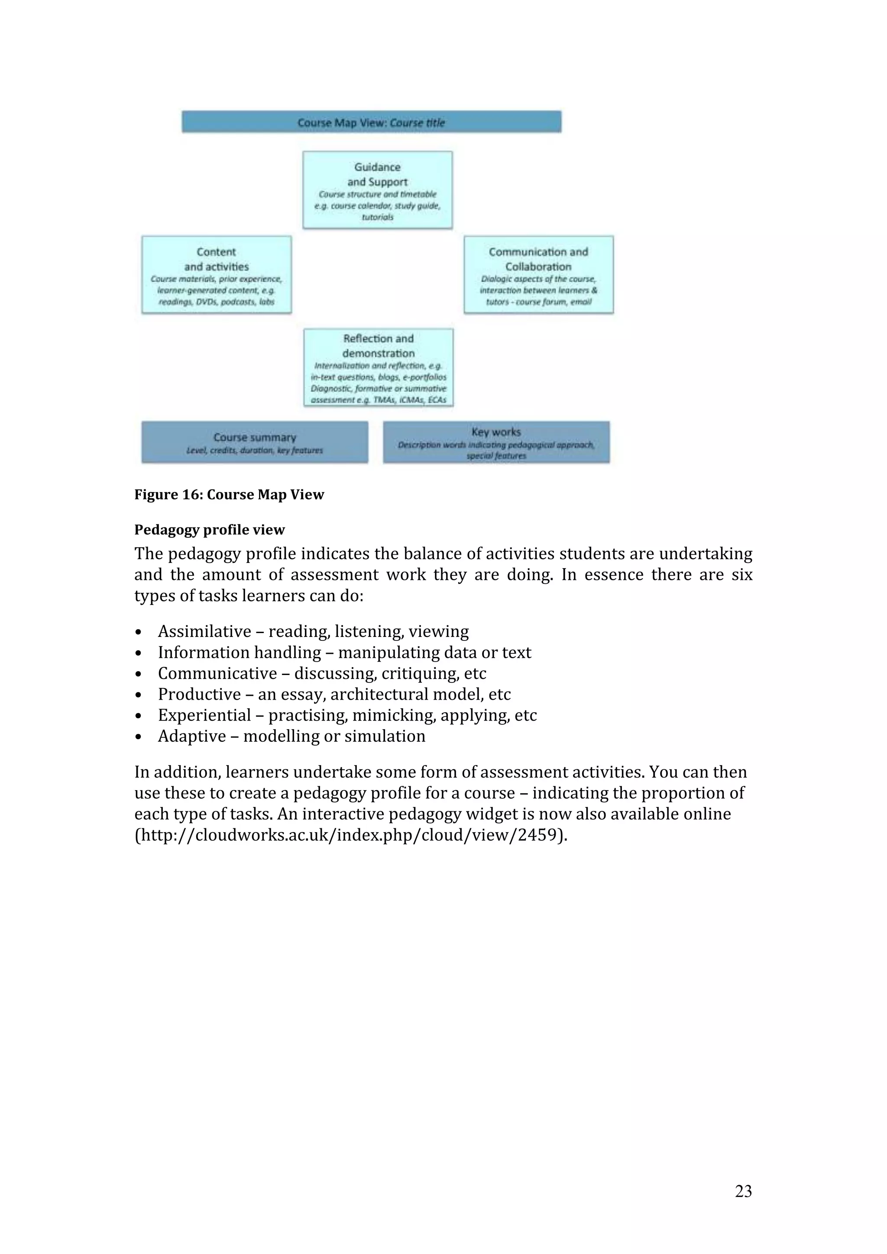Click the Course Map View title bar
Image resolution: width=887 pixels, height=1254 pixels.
click(371, 122)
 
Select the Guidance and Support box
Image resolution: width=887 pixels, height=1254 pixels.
click(377, 190)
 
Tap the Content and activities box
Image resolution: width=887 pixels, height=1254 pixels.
click(217, 275)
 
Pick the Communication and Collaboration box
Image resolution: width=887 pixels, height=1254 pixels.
click(538, 275)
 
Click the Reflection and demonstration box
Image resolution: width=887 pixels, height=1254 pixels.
click(378, 367)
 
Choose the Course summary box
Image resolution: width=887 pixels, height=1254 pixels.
click(255, 442)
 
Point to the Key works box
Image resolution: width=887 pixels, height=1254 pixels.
click(496, 442)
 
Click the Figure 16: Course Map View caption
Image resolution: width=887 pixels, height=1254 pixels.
click(229, 495)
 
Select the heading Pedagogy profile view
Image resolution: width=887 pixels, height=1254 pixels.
click(209, 530)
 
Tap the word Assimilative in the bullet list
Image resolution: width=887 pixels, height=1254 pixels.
click(204, 631)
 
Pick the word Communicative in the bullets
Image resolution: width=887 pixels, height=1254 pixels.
click(217, 673)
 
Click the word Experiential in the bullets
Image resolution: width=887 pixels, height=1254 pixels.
click(204, 715)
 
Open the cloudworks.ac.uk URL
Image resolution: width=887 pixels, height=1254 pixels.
click(350, 835)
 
